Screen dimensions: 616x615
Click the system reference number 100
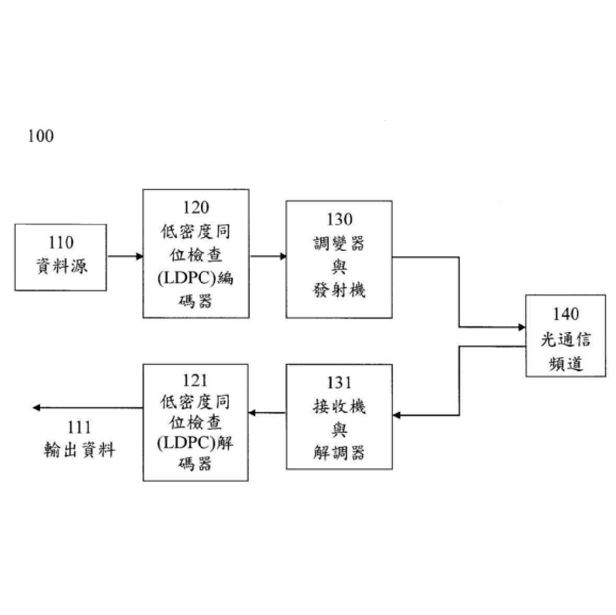point(41,136)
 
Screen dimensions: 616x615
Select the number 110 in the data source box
point(61,242)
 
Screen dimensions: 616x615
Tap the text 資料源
point(62,266)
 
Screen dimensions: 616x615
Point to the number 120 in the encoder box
point(195,207)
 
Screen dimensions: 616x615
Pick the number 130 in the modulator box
point(340,219)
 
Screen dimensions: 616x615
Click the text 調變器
point(339,243)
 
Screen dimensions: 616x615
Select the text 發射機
point(339,290)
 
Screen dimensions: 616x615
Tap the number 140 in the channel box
point(566,314)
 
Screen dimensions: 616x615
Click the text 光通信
point(566,339)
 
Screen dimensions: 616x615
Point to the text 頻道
point(566,363)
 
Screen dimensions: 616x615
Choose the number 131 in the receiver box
point(339,382)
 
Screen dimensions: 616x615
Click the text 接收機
point(339,406)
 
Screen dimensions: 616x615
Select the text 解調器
point(339,453)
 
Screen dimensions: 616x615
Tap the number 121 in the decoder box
point(195,380)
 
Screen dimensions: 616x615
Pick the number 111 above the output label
point(79,427)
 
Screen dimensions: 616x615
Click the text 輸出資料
point(79,450)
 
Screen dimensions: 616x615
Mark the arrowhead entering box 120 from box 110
point(140,256)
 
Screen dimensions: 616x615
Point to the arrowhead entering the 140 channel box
point(522,327)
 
